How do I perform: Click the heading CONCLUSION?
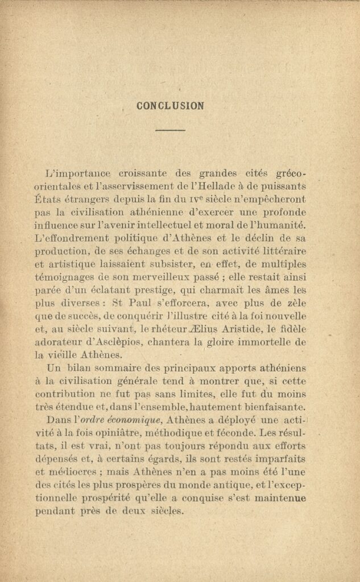tap(170, 106)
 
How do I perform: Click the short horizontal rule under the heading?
tap(170, 130)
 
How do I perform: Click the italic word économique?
tap(125, 420)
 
